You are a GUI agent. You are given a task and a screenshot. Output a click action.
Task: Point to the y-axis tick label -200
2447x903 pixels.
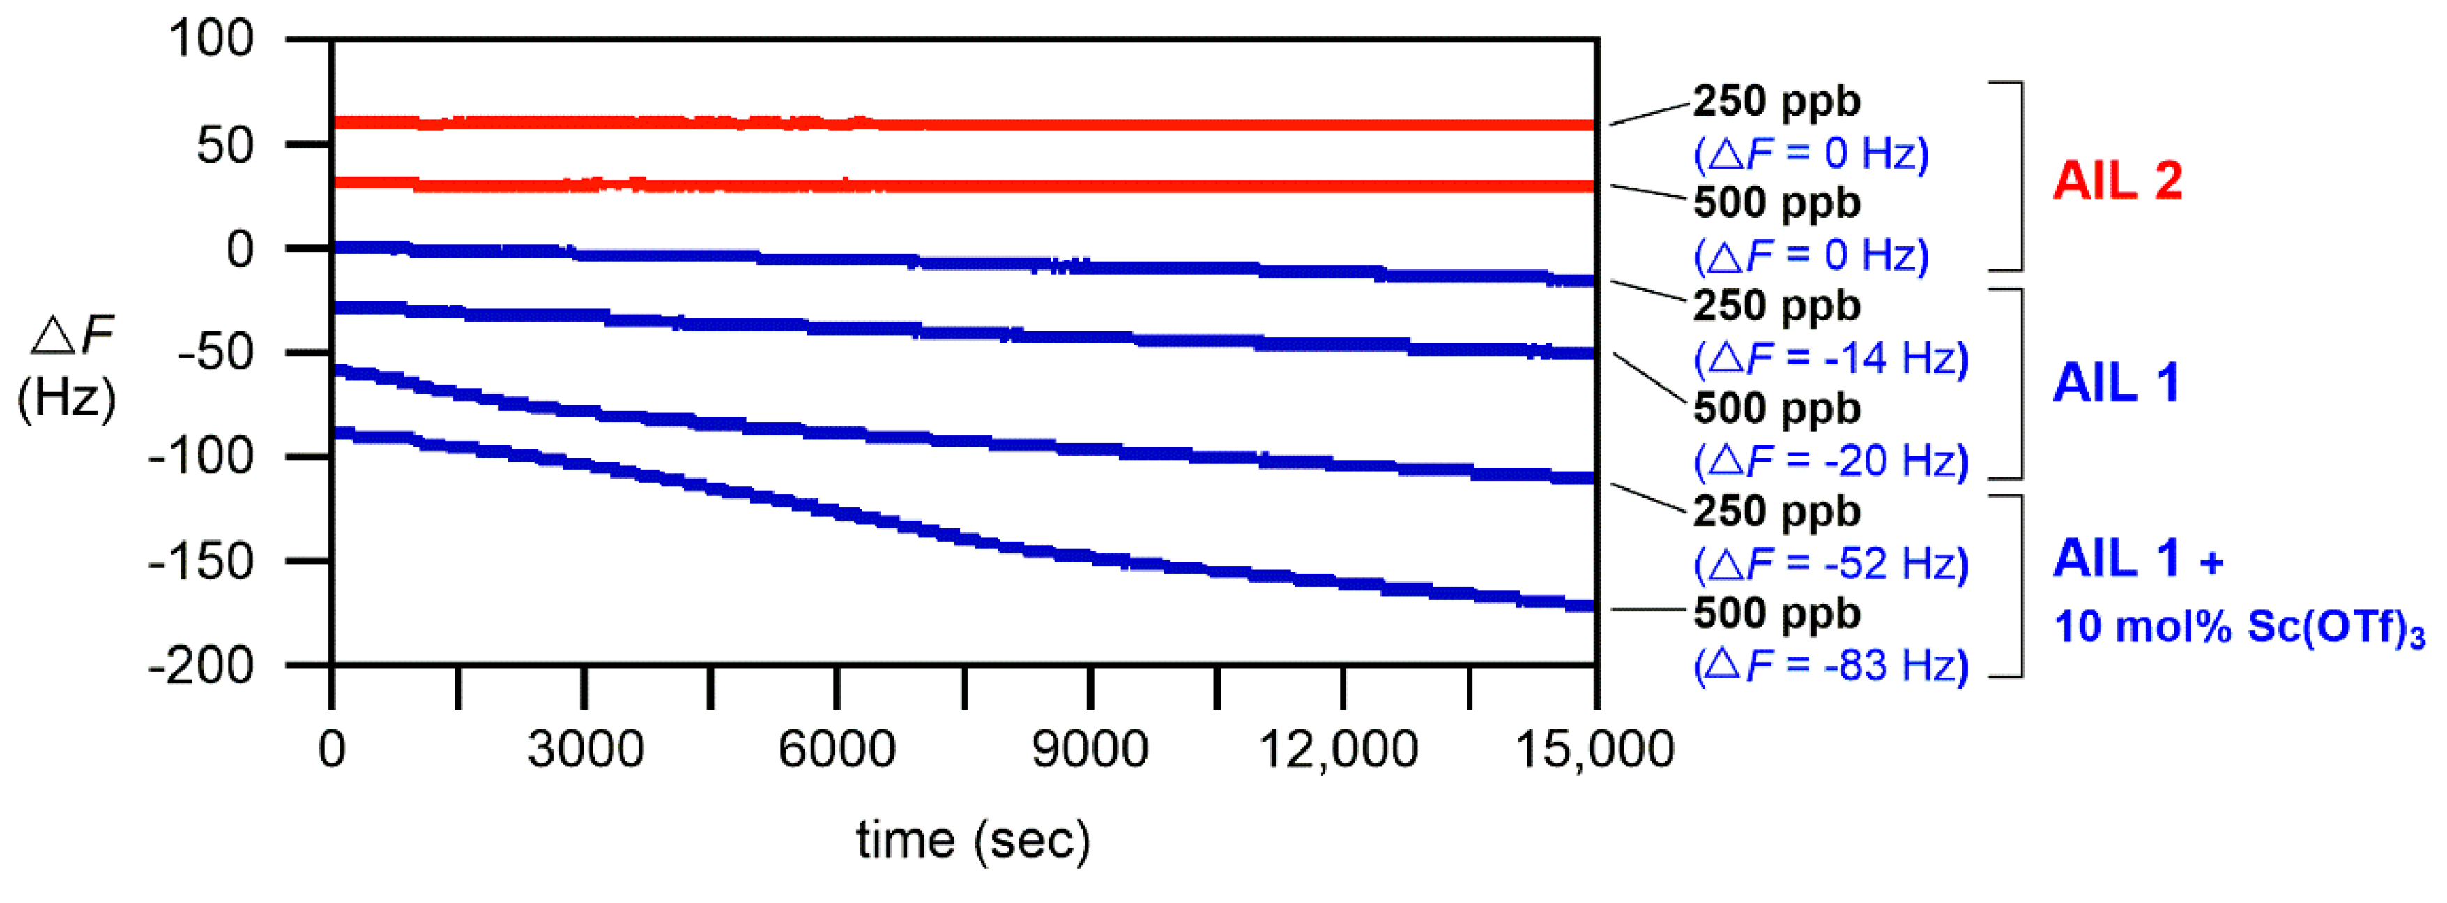pos(201,666)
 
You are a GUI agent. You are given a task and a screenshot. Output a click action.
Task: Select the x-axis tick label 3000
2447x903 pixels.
pos(585,750)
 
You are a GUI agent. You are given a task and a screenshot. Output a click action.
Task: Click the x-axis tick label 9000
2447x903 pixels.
pos(1090,750)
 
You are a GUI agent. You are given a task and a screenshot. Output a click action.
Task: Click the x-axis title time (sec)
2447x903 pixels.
pos(973,840)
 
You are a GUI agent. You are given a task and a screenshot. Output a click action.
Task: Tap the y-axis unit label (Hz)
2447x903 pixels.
pos(66,397)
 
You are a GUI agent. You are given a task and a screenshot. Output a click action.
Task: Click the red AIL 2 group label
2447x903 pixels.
pos(2117,181)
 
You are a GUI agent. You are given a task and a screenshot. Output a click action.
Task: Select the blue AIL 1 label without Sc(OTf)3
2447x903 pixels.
pos(2115,384)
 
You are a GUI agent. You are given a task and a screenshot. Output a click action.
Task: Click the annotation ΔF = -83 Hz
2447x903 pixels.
pos(1831,665)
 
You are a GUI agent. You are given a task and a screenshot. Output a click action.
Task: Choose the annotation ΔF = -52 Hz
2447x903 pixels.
pos(1831,564)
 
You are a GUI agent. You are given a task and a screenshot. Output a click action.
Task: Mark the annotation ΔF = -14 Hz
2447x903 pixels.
pos(1831,359)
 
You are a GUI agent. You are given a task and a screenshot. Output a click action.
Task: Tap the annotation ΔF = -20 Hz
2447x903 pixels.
pos(1831,461)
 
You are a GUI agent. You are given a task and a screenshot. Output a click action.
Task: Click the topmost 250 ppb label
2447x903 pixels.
pos(1776,100)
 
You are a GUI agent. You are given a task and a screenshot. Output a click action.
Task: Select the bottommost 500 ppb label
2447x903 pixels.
pos(1776,613)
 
